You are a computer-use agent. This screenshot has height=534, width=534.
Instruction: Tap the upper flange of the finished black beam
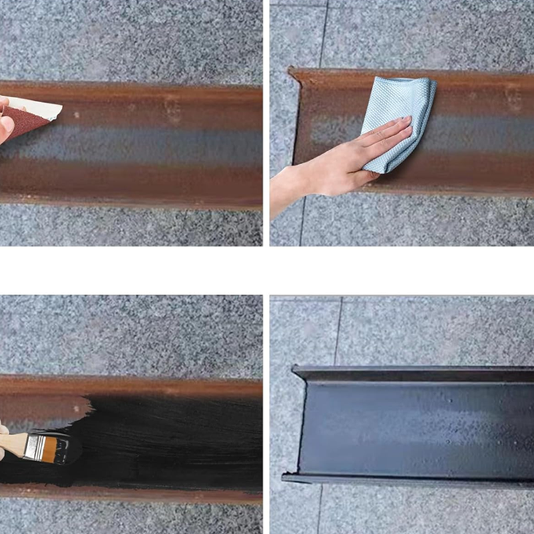pos(414,374)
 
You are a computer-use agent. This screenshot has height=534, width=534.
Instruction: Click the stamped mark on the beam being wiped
pos(513,98)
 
